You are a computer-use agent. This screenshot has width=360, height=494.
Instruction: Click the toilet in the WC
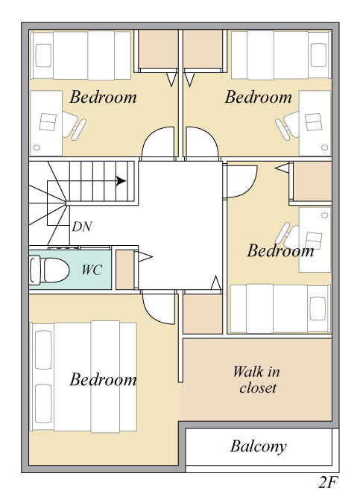pyautogui.click(x=49, y=270)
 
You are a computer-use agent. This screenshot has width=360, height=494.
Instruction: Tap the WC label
pyautogui.click(x=92, y=270)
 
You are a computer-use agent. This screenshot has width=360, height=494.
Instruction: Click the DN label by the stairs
pyautogui.click(x=82, y=227)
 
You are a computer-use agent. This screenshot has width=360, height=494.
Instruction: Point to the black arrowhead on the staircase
pyautogui.click(x=121, y=181)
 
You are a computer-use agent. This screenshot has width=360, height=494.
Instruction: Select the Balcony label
pyautogui.click(x=258, y=446)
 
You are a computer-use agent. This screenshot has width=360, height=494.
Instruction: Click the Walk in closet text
pyautogui.click(x=256, y=380)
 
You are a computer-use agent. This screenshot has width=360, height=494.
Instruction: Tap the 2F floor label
pyautogui.click(x=328, y=482)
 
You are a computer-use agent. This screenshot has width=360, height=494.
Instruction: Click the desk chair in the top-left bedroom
pyautogui.click(x=74, y=126)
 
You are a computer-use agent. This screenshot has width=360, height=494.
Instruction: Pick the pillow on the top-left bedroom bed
pyautogui.click(x=43, y=55)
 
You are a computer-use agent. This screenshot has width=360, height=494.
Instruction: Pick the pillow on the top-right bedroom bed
pyautogui.click(x=318, y=55)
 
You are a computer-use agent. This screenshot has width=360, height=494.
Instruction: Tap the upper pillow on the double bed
pyautogui.click(x=43, y=349)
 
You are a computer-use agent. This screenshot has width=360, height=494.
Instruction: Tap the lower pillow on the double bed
pyautogui.click(x=43, y=404)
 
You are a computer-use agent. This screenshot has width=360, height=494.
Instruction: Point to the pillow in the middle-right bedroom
pyautogui.click(x=318, y=308)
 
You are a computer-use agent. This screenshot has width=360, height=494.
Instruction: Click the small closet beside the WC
pyautogui.click(x=125, y=270)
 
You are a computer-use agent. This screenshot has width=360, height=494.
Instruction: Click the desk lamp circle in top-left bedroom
pyautogui.click(x=37, y=147)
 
